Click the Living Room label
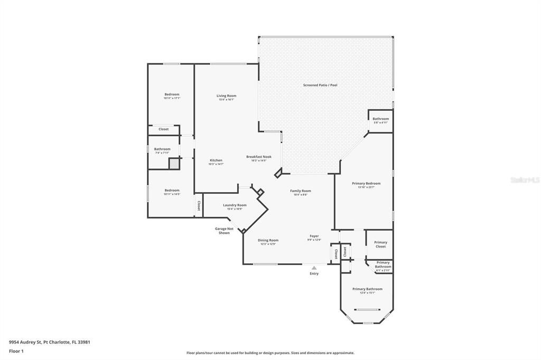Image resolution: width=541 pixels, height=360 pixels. coord(226,96)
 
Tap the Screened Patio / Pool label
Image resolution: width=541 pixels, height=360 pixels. coord(320,85)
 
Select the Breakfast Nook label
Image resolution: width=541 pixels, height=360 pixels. coord(259,156)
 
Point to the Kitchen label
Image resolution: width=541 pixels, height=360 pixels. coord(216,160)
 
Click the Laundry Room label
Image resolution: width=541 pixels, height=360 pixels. coord(235,205)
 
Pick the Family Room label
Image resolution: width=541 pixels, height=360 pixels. coord(301,191)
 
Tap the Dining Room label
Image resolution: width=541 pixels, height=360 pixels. coord(268,240)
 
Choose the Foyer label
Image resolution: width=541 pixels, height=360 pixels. coord(314,236)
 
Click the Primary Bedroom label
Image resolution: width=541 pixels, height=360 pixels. coord(366,183)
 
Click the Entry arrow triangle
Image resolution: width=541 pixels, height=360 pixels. coord(314,268)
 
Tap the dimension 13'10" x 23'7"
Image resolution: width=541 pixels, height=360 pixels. coord(366,187)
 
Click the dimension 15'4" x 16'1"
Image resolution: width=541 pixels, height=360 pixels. coord(226,99)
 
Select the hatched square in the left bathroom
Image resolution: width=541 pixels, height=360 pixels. coord(174,164)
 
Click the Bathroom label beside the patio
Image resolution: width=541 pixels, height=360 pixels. coord(380,119)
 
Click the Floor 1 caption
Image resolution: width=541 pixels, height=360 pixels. coord(16,350)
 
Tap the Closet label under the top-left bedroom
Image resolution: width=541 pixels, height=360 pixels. coord(164,129)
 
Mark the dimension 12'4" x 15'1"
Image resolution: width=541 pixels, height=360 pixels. coord(367,293)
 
